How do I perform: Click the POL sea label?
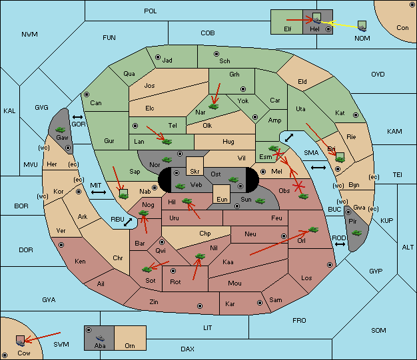point(151,11)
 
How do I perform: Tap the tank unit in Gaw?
point(61,130)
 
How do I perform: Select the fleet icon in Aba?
point(100,338)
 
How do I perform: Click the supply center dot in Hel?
point(328,29)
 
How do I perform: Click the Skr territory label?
point(195,172)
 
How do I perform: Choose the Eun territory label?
point(222,199)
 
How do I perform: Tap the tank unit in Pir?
point(356,233)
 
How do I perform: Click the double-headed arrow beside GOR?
point(78,117)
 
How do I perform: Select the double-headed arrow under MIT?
point(99,192)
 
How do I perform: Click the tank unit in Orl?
point(314,230)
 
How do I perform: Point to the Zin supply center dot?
point(200,306)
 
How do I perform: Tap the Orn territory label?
point(130,345)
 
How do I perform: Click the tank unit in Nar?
point(214,106)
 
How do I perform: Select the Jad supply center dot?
point(158,57)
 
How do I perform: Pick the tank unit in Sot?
point(147,270)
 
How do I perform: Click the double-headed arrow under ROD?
point(340,244)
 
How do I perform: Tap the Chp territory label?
point(205,234)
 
